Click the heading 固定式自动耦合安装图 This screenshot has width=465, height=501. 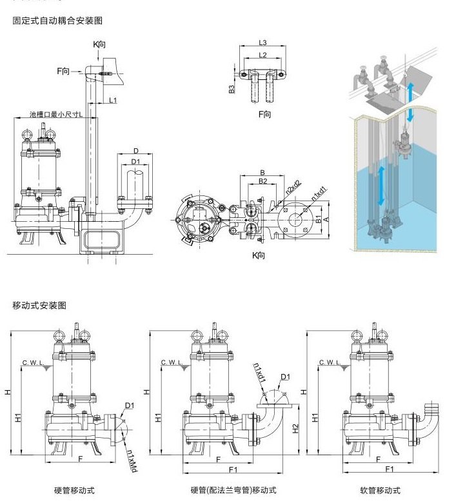click(x=58, y=21)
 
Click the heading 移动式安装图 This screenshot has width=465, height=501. click(x=40, y=305)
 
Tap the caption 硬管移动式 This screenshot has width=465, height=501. click(x=75, y=491)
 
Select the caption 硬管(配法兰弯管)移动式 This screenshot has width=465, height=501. click(x=233, y=491)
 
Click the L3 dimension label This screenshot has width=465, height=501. click(x=262, y=43)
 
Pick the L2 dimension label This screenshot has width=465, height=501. click(x=262, y=55)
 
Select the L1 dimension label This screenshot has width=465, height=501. click(x=113, y=101)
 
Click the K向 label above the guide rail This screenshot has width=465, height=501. click(x=99, y=44)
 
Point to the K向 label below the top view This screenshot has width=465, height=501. click(x=259, y=256)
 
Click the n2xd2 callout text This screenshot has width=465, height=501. click(x=293, y=188)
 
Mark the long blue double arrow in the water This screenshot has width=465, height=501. click(x=381, y=185)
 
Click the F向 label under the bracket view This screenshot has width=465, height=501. click(x=264, y=114)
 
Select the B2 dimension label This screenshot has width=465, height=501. click(x=262, y=182)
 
